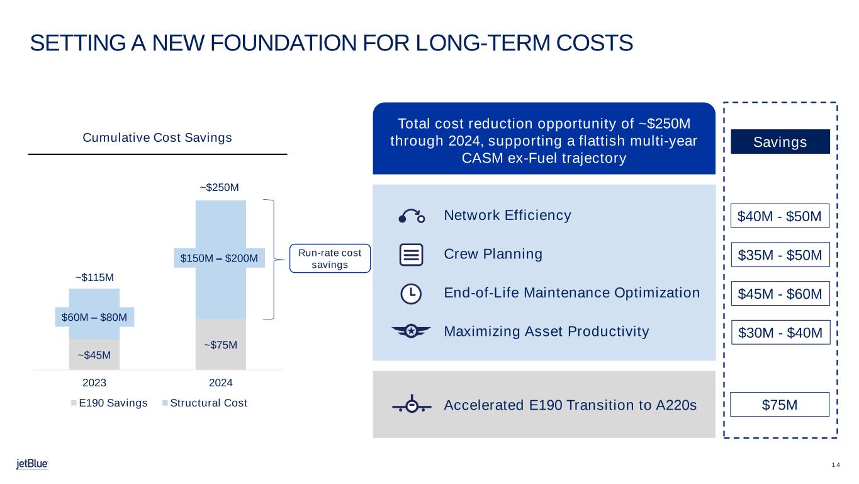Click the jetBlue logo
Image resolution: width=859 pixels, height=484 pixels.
[x=32, y=464]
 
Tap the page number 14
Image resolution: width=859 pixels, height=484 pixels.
[x=836, y=465]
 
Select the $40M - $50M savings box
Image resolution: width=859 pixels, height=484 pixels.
[x=780, y=217]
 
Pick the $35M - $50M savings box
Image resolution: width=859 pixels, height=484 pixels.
[x=780, y=255]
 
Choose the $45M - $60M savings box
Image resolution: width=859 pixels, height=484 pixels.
[x=780, y=294]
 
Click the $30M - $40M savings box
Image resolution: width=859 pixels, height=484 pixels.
[x=780, y=332]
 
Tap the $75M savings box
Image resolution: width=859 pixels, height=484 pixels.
[x=780, y=405]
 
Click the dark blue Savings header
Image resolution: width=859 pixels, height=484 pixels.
[x=780, y=142]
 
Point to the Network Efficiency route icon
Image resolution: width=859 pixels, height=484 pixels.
[x=412, y=216]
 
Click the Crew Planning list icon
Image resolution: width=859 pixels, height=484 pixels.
[x=412, y=255]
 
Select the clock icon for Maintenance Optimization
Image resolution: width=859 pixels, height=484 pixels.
[x=412, y=293]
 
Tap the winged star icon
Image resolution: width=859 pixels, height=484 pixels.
[x=412, y=331]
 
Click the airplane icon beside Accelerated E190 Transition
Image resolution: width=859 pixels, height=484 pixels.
[x=412, y=405]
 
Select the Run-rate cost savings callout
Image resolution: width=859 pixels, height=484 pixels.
[x=330, y=258]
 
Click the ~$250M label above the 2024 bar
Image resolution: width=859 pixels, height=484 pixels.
[x=220, y=188]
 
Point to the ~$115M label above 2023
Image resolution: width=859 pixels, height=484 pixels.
[x=94, y=277]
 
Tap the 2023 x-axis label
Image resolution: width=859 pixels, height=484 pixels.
[x=94, y=383]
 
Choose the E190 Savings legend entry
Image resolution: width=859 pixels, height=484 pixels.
[x=108, y=403]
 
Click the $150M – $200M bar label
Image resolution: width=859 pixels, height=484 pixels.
[x=219, y=258]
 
